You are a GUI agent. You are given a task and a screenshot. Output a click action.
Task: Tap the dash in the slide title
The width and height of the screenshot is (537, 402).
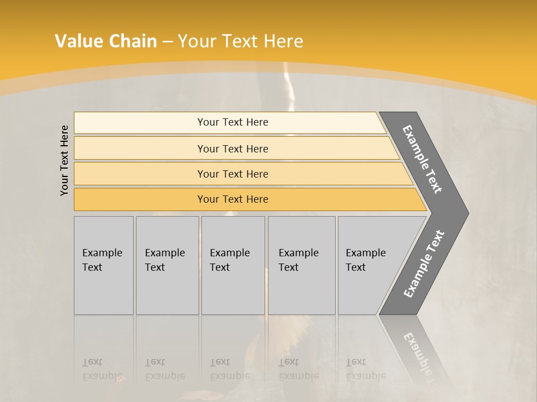pyautogui.click(x=167, y=42)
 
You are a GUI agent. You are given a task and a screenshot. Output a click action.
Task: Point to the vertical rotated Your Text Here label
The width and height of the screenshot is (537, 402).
pyautogui.click(x=64, y=160)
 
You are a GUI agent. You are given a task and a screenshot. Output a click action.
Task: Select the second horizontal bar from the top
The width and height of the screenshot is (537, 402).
pyautogui.click(x=233, y=149)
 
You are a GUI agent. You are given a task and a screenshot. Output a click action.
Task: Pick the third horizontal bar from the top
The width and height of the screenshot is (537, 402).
pyautogui.click(x=233, y=174)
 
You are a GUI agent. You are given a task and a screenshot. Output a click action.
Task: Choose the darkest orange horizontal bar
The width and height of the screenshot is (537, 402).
pyautogui.click(x=233, y=199)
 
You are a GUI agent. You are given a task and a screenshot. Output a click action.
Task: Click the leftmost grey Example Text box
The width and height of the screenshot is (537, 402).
pyautogui.click(x=103, y=265)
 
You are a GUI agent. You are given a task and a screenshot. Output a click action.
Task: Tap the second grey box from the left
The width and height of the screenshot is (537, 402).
pyautogui.click(x=167, y=265)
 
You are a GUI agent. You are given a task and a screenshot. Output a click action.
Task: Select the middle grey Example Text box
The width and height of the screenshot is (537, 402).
pyautogui.click(x=233, y=265)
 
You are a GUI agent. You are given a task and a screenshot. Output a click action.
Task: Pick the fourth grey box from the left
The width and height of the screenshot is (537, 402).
pyautogui.click(x=302, y=265)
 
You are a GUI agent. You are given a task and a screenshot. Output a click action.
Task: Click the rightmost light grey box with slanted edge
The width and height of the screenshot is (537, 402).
pyautogui.click(x=372, y=265)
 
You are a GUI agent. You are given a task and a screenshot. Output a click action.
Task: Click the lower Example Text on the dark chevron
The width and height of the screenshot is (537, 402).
pyautogui.click(x=424, y=264)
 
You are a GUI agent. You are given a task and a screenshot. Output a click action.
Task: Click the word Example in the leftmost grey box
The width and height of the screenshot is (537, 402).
pyautogui.click(x=102, y=253)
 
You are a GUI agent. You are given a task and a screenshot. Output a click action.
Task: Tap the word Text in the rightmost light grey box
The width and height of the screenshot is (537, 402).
pyautogui.click(x=356, y=267)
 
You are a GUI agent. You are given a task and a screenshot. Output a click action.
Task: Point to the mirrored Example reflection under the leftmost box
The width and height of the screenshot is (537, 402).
pyautogui.click(x=102, y=376)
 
